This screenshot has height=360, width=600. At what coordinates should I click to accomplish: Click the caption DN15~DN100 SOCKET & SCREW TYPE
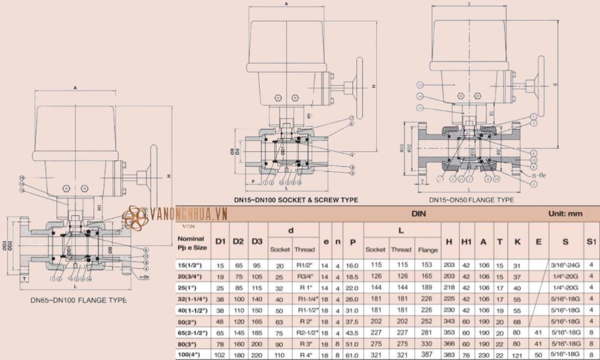296,199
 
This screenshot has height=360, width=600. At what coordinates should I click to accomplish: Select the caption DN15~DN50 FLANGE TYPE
471,199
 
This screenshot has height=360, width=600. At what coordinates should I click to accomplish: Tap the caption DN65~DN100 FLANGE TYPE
79,299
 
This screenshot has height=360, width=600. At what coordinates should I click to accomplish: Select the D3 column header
257,241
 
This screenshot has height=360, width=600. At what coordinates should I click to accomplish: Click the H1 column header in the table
466,241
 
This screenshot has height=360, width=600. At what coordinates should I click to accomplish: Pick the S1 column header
591,241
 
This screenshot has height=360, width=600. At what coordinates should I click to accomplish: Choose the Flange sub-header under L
427,249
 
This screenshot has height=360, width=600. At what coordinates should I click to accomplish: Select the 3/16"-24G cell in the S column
565,265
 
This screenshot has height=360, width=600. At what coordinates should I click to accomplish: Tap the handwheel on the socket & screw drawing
360,89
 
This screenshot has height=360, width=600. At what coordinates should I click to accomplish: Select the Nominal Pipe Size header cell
193,241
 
